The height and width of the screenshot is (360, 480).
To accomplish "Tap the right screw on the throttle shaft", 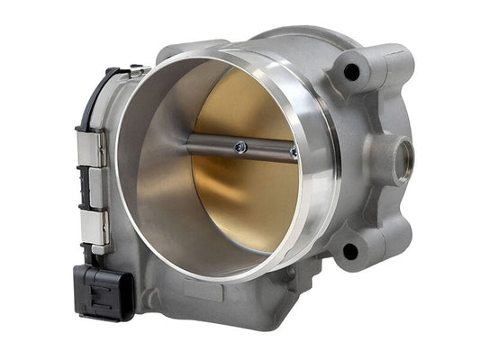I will (x=294, y=152).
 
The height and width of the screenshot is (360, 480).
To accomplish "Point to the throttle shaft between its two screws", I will (x=266, y=149).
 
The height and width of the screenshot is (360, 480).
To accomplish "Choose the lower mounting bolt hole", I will (x=349, y=251).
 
